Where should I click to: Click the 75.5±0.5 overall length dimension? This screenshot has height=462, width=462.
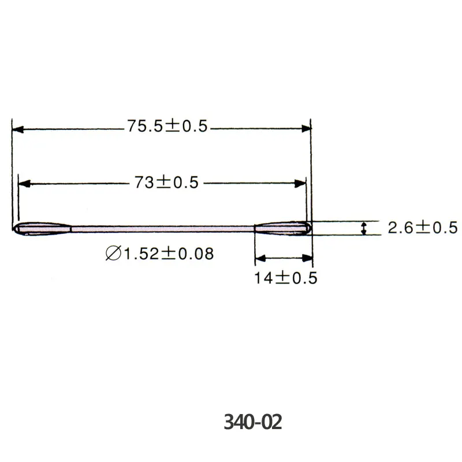[167, 126]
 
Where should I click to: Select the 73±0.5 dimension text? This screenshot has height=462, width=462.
[166, 182]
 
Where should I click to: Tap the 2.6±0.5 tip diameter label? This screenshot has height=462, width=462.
[423, 228]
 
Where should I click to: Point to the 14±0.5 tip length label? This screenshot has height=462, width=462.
[285, 278]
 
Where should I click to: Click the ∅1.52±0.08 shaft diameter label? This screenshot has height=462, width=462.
[159, 254]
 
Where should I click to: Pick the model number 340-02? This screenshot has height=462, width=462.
[253, 422]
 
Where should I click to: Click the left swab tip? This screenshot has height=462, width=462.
[42, 229]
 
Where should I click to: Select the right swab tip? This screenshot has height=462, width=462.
[283, 228]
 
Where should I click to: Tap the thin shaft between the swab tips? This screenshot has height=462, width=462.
[163, 229]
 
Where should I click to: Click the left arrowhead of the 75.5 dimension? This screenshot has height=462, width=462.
[18, 129]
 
